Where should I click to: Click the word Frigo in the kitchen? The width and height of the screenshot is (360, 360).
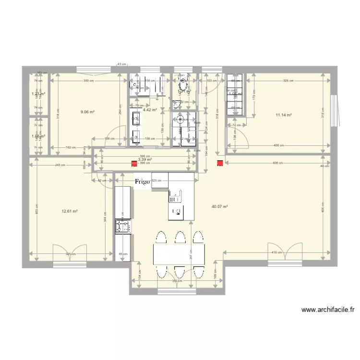coord(142,181)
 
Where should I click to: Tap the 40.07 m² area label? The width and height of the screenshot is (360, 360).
coord(219,207)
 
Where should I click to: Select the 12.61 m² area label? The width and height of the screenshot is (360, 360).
coord(70,211)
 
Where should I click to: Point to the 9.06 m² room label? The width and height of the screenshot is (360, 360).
coord(88,112)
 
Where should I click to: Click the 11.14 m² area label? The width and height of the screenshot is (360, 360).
coord(284,115)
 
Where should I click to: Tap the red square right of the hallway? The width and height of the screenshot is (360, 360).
coord(220,164)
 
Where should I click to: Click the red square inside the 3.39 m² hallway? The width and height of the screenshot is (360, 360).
coord(134,164)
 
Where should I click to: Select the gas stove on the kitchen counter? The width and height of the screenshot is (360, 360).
coord(123,225)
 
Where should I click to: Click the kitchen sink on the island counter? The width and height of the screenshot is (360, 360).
coord(175,195)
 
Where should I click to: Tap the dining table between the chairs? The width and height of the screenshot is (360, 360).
coord(179,254)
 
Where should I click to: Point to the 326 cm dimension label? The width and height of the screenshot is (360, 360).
coord(288,81)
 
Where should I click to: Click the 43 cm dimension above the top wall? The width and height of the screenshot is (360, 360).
coord(122,64)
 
